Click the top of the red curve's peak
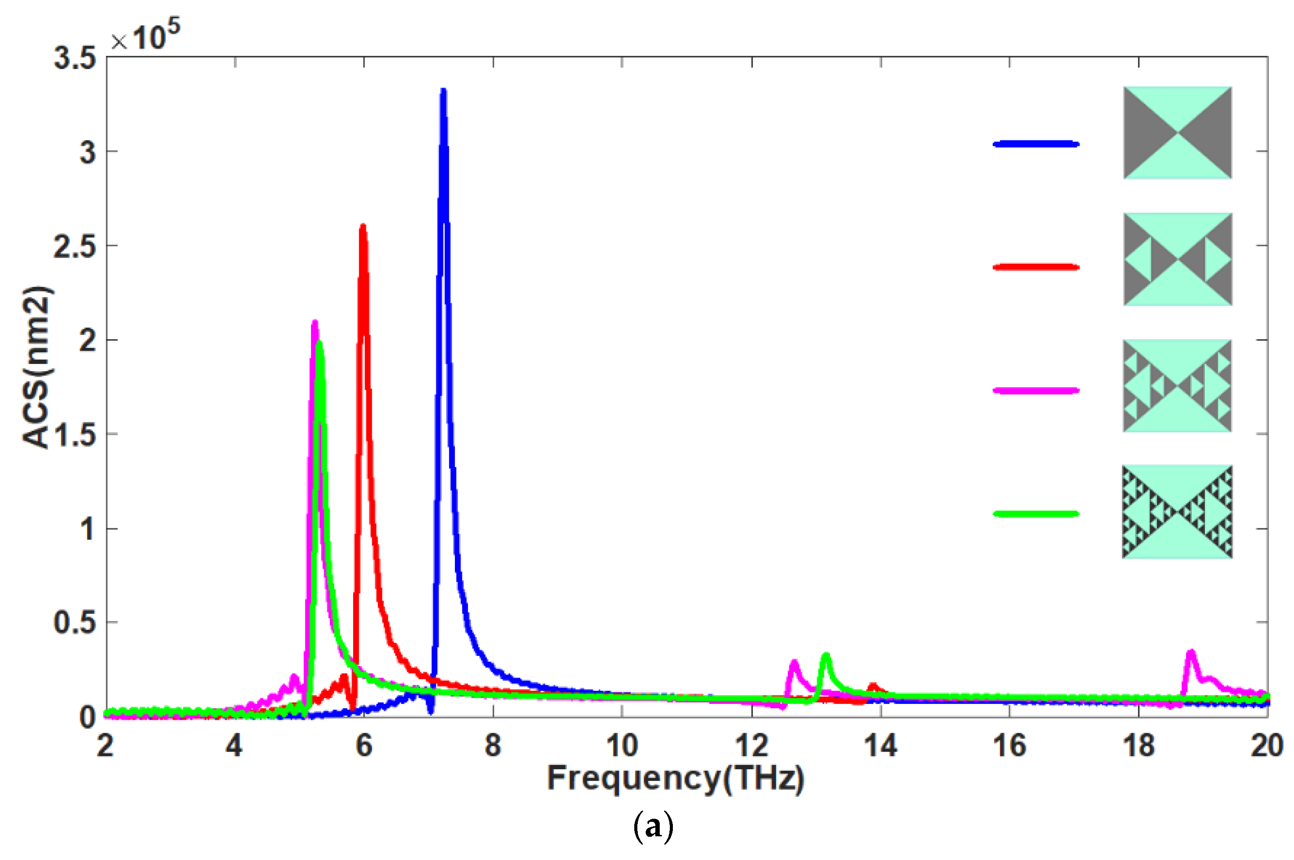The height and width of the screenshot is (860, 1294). [362, 226]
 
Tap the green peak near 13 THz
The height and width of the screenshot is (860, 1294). [826, 655]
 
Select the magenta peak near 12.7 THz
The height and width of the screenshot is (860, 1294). [794, 662]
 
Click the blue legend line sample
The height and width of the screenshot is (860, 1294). [1036, 144]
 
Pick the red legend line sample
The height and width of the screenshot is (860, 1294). [1036, 268]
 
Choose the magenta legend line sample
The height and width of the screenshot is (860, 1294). [1036, 391]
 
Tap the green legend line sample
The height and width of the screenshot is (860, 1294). [1036, 514]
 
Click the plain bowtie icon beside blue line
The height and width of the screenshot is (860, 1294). [1177, 133]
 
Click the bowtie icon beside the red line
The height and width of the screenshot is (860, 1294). [1177, 259]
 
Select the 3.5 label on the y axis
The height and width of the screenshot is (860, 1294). [75, 58]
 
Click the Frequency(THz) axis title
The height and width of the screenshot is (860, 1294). [676, 779]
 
